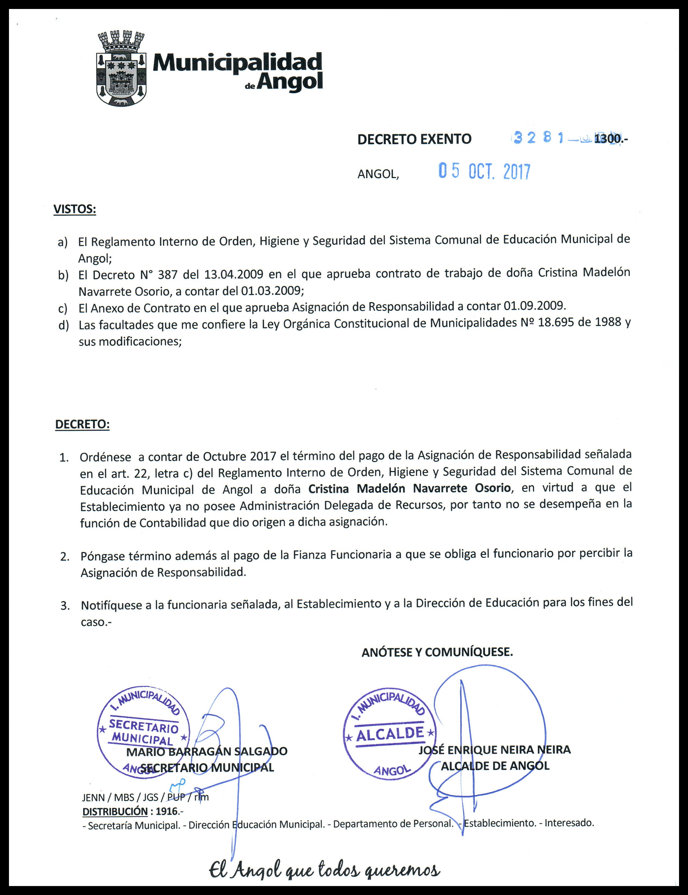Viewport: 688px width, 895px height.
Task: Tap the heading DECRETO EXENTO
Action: (x=414, y=139)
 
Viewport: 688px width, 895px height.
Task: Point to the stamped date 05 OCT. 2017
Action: (x=484, y=171)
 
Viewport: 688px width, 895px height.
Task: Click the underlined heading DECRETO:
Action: (x=82, y=424)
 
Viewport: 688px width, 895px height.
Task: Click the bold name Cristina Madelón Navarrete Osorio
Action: (x=409, y=488)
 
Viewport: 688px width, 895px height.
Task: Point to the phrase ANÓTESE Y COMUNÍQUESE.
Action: (x=437, y=652)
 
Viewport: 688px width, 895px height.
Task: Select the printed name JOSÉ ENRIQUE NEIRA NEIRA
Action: (x=494, y=750)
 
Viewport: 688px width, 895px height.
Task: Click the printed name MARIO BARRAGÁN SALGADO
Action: (x=207, y=751)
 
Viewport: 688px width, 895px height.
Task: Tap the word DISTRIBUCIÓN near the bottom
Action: (x=115, y=812)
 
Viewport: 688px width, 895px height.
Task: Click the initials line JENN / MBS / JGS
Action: (x=120, y=797)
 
